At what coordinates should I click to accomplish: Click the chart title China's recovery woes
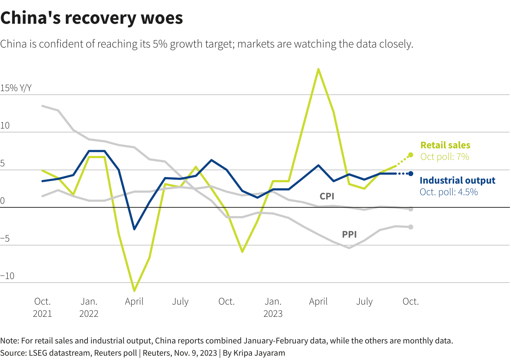(x=92, y=18)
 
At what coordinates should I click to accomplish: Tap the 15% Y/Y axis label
(x=16, y=88)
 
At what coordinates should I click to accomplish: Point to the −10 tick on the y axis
(x=7, y=276)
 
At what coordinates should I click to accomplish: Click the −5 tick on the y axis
(x=5, y=239)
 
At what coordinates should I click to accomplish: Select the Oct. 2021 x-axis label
(x=42, y=307)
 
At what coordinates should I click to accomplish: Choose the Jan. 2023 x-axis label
(x=273, y=307)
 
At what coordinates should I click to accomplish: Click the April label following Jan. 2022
(x=134, y=301)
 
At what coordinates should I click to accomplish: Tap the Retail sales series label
(x=445, y=145)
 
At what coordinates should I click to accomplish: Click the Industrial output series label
(x=457, y=180)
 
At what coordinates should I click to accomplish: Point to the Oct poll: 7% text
(x=445, y=157)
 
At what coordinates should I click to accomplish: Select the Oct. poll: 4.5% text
(x=449, y=192)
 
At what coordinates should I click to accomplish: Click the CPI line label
(x=327, y=196)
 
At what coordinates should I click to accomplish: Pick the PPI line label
(x=349, y=234)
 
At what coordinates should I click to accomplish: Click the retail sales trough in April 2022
(x=134, y=291)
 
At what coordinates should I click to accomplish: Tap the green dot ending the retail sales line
(x=411, y=155)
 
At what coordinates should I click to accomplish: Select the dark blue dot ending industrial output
(x=411, y=174)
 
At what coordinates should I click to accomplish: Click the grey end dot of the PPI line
(x=411, y=227)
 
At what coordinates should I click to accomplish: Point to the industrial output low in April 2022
(x=134, y=229)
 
